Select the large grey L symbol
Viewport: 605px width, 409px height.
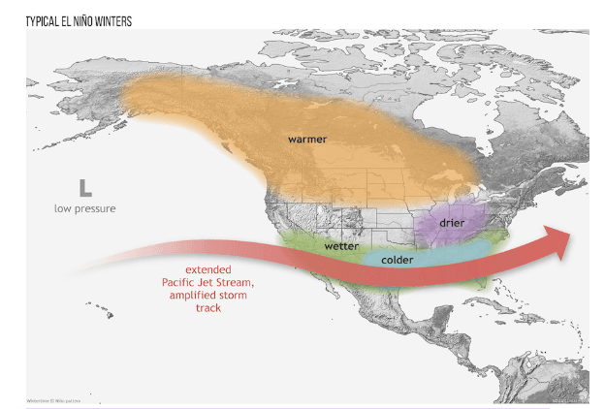(x=85, y=187)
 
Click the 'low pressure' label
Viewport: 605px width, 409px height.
(x=85, y=208)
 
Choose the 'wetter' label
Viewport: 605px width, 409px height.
(x=341, y=246)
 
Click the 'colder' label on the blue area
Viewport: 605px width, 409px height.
(x=398, y=260)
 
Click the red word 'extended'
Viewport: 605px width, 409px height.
(x=208, y=269)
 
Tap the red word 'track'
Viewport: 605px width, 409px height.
(x=207, y=308)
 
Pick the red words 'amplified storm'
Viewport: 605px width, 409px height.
(x=207, y=295)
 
